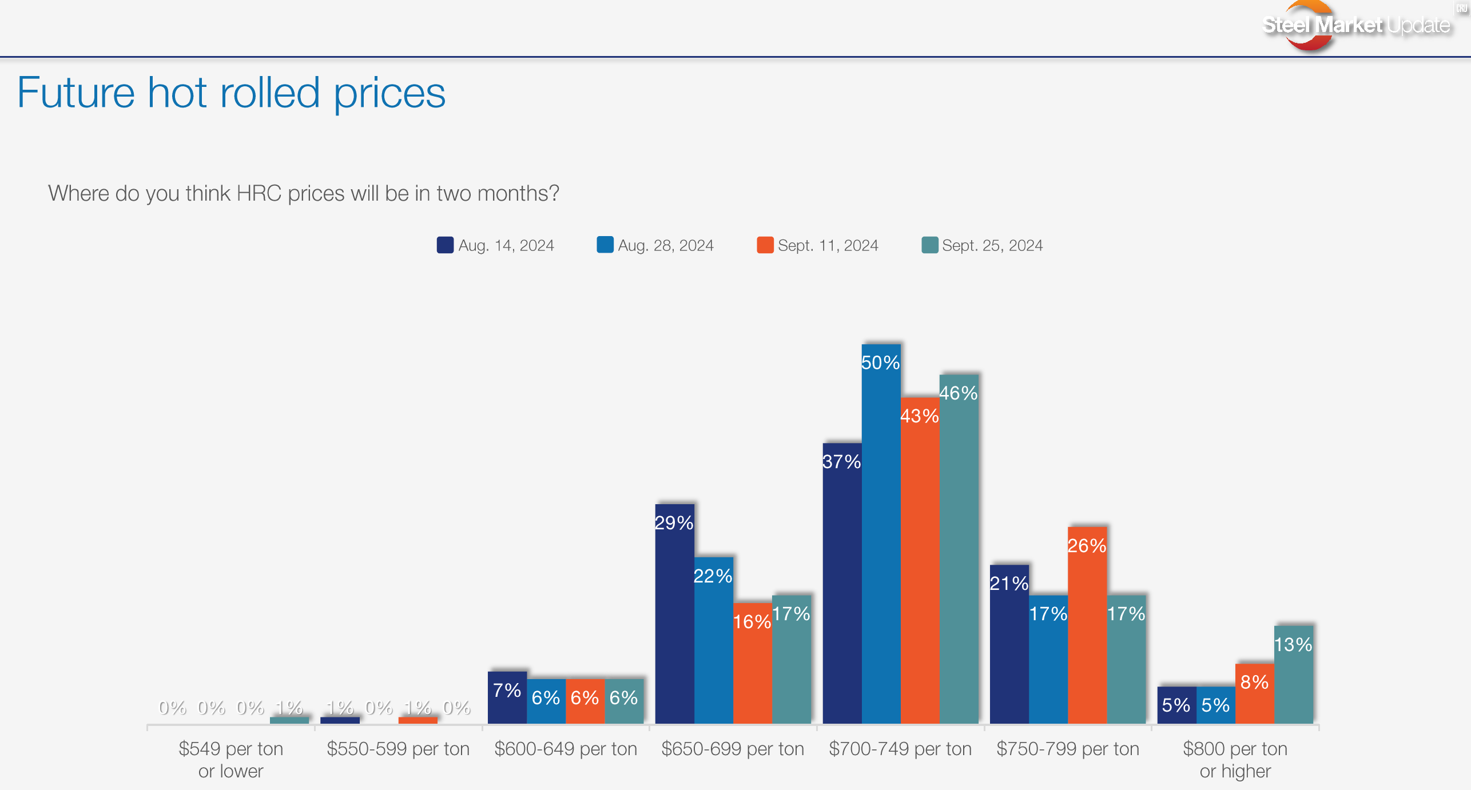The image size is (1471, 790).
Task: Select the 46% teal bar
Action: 959,549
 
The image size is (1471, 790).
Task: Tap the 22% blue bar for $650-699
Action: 713,640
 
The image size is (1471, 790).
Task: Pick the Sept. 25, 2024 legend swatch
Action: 929,245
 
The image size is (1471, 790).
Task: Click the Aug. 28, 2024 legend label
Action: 666,245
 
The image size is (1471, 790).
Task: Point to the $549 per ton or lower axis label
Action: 230,759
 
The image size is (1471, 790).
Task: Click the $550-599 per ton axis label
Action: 398,748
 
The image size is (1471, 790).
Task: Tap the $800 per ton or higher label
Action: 1235,759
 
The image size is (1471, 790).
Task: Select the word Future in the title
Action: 75,93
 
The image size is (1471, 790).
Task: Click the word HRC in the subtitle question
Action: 259,193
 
